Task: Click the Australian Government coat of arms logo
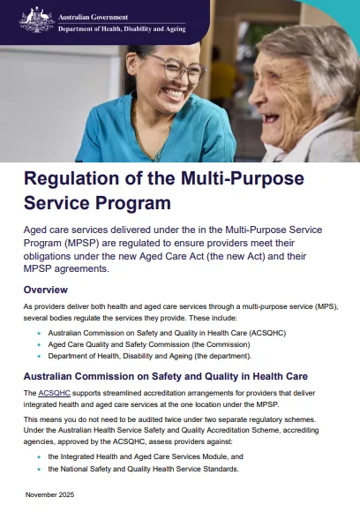36,20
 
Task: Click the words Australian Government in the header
92,15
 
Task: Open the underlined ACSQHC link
51,392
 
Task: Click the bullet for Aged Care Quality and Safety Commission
39,344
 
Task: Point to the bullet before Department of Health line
39,356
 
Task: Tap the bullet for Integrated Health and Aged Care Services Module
39,456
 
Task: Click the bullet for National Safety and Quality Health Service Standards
39,469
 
